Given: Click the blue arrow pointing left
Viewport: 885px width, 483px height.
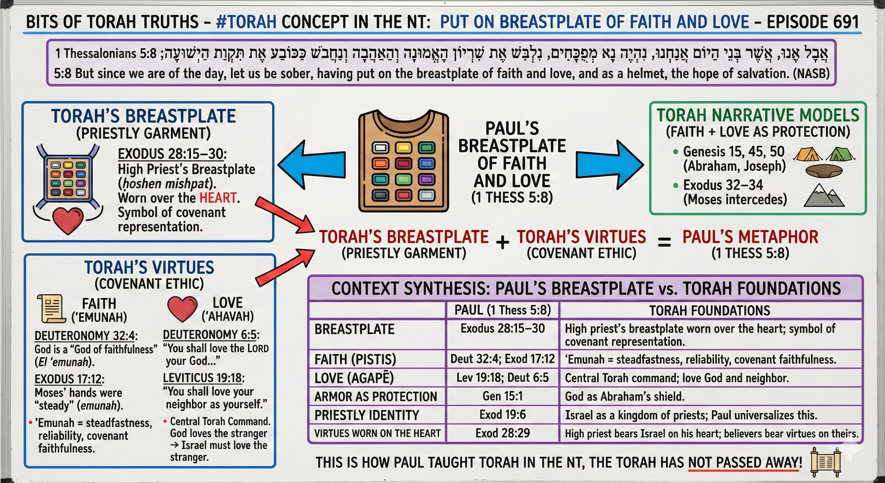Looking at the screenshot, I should click(311, 165).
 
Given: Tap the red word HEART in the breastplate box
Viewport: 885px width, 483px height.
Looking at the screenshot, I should click(218, 198).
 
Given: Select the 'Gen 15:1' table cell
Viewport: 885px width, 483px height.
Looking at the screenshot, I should click(502, 397).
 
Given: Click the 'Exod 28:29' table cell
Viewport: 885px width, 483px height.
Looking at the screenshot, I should click(502, 433).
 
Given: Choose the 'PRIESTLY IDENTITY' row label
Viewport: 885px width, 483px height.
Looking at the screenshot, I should click(366, 415).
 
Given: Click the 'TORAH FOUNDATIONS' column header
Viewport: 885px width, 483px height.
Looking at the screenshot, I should click(709, 311).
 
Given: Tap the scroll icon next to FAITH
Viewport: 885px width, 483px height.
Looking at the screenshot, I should click(52, 308).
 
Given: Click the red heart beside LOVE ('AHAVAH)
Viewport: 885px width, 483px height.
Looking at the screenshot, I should click(182, 308).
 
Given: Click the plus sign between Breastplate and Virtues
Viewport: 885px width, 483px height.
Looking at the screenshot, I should click(502, 242).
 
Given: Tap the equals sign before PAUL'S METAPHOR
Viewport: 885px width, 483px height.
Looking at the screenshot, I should click(664, 243).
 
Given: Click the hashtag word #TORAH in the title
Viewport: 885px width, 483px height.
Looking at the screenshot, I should click(246, 22).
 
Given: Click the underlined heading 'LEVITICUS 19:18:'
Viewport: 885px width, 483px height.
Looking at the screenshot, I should click(203, 378).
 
